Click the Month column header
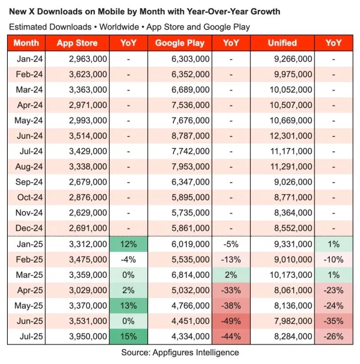[26, 43]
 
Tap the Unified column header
[282, 43]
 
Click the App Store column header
[77, 43]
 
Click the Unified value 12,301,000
[290, 136]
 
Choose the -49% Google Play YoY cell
[231, 321]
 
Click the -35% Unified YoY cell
[333, 321]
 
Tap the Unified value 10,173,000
[290, 274]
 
